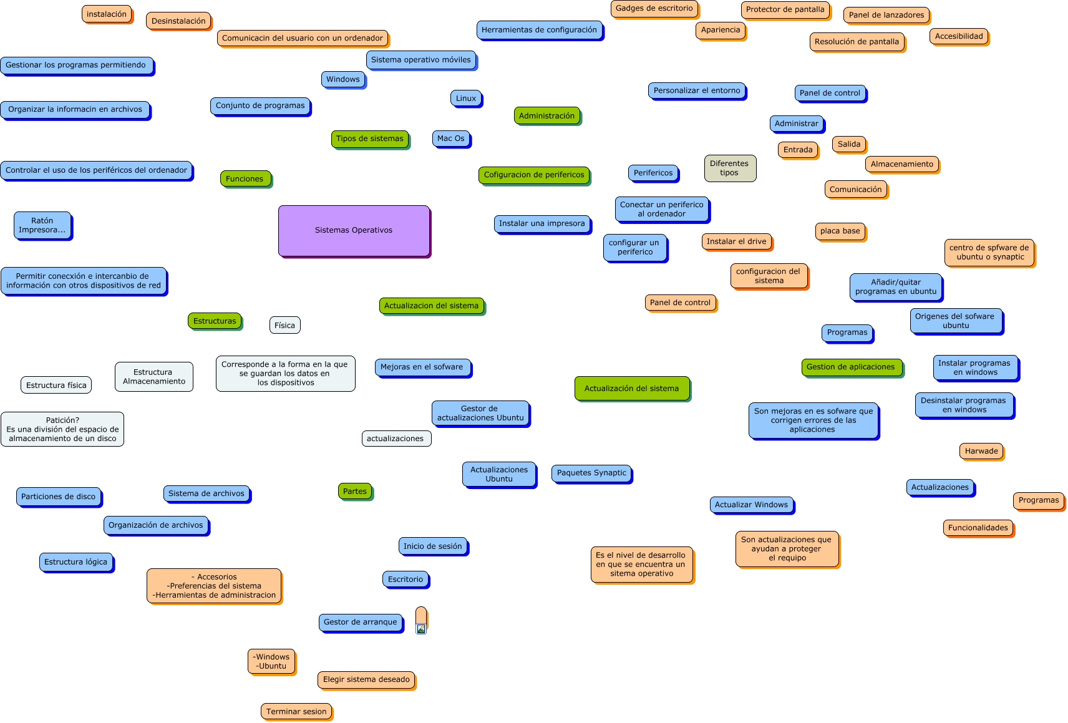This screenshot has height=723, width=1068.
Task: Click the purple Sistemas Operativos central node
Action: [x=354, y=230]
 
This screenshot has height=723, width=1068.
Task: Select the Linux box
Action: [x=466, y=98]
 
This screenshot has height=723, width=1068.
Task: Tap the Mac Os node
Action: [x=450, y=138]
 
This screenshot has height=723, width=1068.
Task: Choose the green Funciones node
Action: [x=245, y=178]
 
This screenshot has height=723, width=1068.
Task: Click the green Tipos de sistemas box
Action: [x=369, y=138]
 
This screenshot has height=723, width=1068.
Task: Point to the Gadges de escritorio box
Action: [x=654, y=9]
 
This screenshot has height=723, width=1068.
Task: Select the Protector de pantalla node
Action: [x=785, y=9]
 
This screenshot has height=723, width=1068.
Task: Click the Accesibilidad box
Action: [x=958, y=36]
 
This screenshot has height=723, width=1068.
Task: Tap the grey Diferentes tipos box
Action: [x=729, y=168]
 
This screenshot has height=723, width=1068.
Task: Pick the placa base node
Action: [x=840, y=231]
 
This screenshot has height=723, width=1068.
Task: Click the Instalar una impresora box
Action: [x=541, y=223]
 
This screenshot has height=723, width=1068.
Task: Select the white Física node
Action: [x=284, y=325]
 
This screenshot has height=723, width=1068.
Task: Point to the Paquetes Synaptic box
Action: [x=591, y=473]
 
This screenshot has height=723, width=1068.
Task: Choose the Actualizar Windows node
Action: [x=751, y=505]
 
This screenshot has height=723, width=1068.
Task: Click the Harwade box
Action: [x=981, y=451]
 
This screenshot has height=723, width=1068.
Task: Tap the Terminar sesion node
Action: [x=296, y=711]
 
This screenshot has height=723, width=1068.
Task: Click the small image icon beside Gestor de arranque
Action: [x=421, y=629]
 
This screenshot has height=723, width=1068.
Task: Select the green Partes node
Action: [x=354, y=491]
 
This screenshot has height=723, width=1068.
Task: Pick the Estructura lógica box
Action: [x=75, y=561]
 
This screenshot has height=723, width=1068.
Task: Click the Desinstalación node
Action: [x=178, y=21]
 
